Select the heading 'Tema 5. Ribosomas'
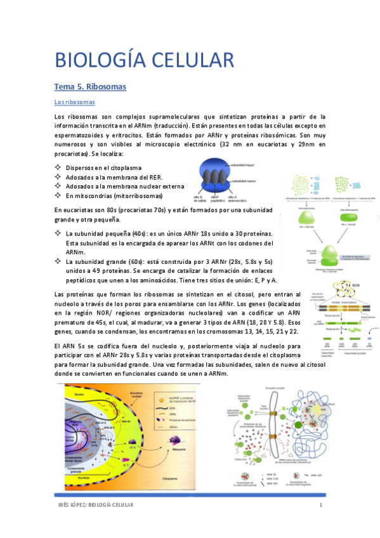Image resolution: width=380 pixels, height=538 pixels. [90, 86]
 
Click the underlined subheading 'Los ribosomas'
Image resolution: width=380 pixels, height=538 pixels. [74, 102]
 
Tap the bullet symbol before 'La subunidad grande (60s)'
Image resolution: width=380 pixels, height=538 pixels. [59, 261]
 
